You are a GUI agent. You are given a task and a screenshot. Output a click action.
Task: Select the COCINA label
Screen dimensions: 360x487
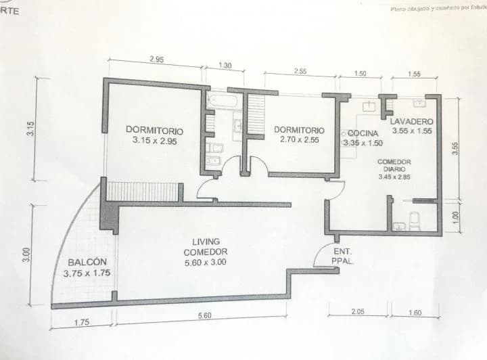click(x=364, y=134)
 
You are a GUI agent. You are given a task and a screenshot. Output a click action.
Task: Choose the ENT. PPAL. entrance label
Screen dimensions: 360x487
click(x=341, y=256)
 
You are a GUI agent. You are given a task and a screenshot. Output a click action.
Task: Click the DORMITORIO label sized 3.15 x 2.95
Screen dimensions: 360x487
click(x=154, y=135)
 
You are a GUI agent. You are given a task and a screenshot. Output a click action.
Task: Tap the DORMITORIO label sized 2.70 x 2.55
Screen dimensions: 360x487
click(x=298, y=135)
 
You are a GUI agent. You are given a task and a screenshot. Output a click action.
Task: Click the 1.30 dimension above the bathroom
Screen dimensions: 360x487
click(x=226, y=66)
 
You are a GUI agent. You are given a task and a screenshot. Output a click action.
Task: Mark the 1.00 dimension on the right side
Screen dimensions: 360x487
click(x=455, y=217)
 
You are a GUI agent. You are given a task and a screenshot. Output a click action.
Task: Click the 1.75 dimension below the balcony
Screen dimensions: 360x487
click(x=80, y=322)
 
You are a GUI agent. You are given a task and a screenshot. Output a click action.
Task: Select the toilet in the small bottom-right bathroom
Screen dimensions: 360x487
click(x=414, y=219)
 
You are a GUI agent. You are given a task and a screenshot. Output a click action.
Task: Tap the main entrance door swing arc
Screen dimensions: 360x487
click(x=321, y=254)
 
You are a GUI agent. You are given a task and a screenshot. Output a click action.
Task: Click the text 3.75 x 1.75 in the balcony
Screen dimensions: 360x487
click(x=86, y=274)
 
